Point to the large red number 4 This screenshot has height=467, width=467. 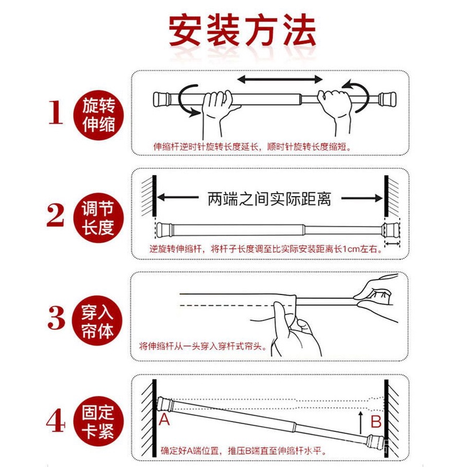pos(55,421)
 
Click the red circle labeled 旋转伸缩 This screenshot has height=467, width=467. pos(98,115)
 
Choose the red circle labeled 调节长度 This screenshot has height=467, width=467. pos(98,216)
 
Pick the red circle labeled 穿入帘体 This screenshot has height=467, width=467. pos(98,319)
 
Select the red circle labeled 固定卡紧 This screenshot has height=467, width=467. pos(98,422)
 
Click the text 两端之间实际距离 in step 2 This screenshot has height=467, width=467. pos(268,199)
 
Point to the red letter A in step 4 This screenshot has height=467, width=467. pos(164,419)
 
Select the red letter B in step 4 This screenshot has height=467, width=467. pos(375,422)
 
